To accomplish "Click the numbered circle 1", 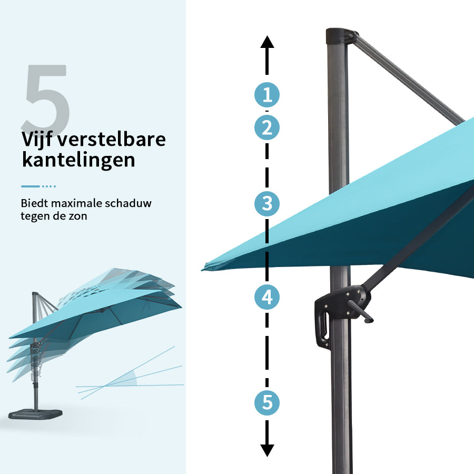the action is pyautogui.click(x=267, y=95).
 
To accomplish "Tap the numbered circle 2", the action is pyautogui.click(x=267, y=127).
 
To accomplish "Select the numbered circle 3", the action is pyautogui.click(x=267, y=203).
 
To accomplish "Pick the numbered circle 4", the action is pyautogui.click(x=267, y=297).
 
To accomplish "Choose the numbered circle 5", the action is pyautogui.click(x=267, y=403).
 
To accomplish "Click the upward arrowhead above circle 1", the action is pyautogui.click(x=267, y=42).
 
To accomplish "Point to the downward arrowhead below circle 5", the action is pyautogui.click(x=267, y=450).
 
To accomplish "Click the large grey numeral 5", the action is pyautogui.click(x=46, y=96).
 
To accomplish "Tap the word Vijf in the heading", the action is pyautogui.click(x=37, y=140).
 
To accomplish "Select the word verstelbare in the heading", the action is pyautogui.click(x=112, y=139).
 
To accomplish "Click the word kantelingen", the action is pyautogui.click(x=78, y=160).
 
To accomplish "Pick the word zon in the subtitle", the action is pyautogui.click(x=79, y=216).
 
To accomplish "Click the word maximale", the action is pyautogui.click(x=77, y=203).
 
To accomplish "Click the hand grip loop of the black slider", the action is pyautogui.click(x=322, y=327).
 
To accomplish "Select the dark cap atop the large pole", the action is pyautogui.click(x=338, y=36).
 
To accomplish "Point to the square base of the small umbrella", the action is pyautogui.click(x=35, y=414).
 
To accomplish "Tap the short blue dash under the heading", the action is pyautogui.click(x=30, y=186).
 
